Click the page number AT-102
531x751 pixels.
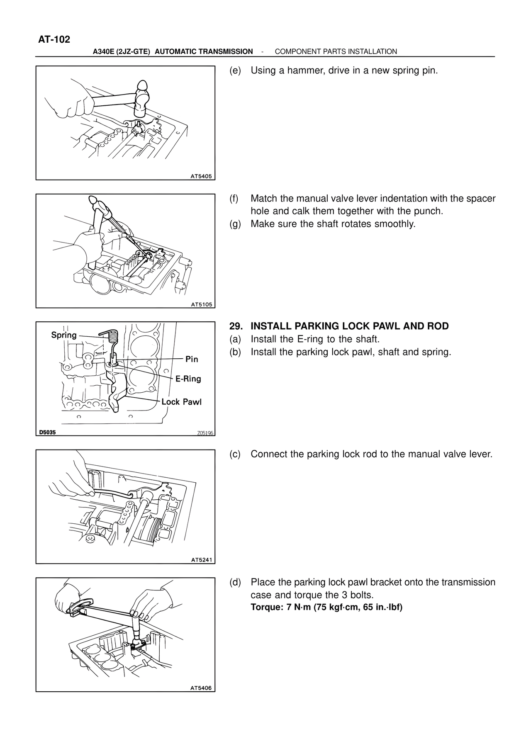click(x=54, y=40)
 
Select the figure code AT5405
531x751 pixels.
click(x=201, y=176)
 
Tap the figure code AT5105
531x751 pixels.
click(x=202, y=304)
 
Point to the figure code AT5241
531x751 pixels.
click(x=202, y=560)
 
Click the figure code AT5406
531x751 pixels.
click(x=201, y=688)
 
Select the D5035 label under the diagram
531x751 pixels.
click(x=47, y=433)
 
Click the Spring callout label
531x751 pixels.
click(x=64, y=335)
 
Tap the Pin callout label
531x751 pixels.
click(x=192, y=359)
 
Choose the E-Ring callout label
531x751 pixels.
click(x=188, y=379)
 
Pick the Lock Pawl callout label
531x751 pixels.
click(x=181, y=402)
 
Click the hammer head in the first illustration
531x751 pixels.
click(x=141, y=100)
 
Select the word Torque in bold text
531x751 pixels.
click(x=265, y=608)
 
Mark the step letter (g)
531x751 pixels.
click(x=235, y=224)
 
